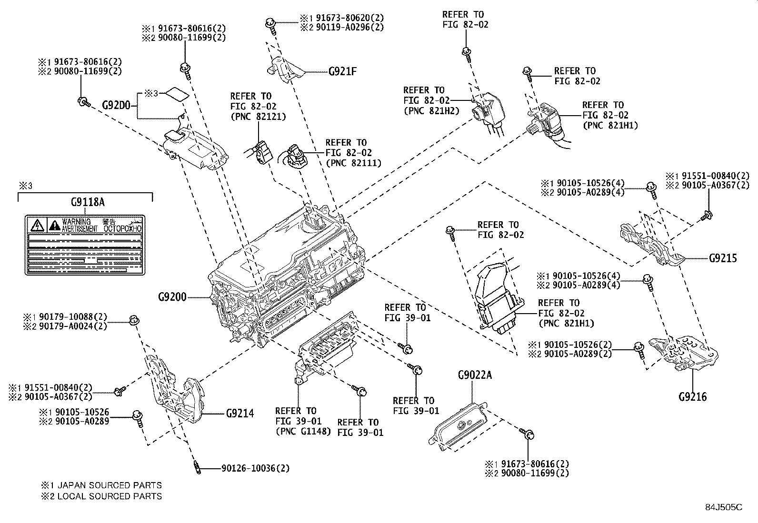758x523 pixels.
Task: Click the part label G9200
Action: (x=172, y=297)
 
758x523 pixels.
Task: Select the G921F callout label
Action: (x=342, y=72)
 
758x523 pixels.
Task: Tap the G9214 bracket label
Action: (x=240, y=413)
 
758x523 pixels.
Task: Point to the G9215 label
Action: (x=722, y=258)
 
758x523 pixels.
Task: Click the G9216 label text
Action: (x=693, y=396)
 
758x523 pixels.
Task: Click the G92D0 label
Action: (x=116, y=104)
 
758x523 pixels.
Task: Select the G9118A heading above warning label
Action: (x=86, y=201)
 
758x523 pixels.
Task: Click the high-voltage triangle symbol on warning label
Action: (x=37, y=224)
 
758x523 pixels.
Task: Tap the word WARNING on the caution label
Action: (x=76, y=222)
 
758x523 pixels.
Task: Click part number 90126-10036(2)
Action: (x=255, y=468)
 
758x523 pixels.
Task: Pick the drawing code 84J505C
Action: (x=724, y=507)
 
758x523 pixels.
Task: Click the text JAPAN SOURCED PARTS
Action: (x=110, y=485)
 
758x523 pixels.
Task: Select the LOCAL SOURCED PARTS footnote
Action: (x=110, y=496)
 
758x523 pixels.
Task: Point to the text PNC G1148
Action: (x=303, y=432)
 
